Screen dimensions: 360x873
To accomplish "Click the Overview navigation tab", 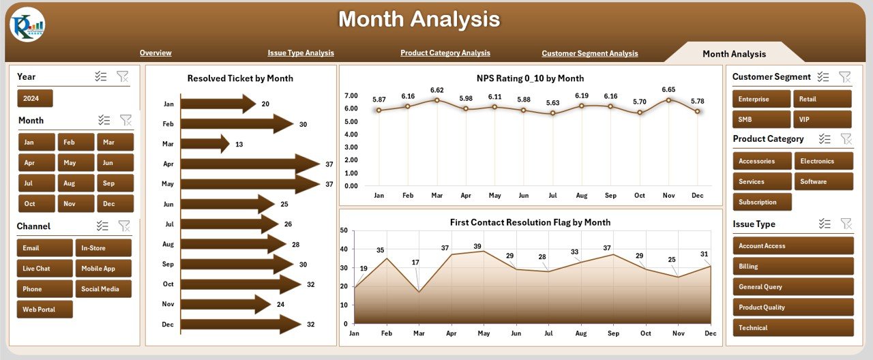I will pyautogui.click(x=156, y=53).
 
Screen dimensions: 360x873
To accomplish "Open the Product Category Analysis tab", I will pyautogui.click(x=445, y=53).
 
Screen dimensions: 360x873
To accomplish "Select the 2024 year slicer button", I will pyautogui.click(x=35, y=99).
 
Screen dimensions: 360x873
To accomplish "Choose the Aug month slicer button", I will pyautogui.click(x=76, y=183).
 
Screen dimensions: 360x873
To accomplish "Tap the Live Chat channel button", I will pyautogui.click(x=44, y=269).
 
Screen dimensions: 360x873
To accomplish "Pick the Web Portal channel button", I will pyautogui.click(x=44, y=310).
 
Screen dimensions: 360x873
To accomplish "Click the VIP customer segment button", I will pyautogui.click(x=821, y=120).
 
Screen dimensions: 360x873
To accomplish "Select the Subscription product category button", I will pyautogui.click(x=762, y=202).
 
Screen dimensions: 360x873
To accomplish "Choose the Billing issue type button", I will pyautogui.click(x=793, y=267).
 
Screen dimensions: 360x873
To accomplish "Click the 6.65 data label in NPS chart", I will pyautogui.click(x=668, y=89).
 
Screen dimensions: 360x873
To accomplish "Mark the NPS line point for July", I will pyautogui.click(x=552, y=113).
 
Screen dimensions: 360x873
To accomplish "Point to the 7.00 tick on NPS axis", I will pyautogui.click(x=351, y=95).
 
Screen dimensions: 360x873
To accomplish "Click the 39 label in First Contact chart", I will pyautogui.click(x=477, y=246).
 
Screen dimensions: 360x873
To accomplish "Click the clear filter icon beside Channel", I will pyautogui.click(x=124, y=226).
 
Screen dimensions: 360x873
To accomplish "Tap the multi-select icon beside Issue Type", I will pyautogui.click(x=825, y=224).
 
